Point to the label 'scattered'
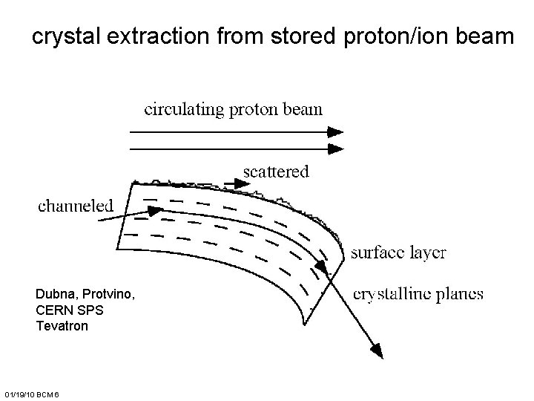pos(276,172)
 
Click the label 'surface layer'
pos(398,252)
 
